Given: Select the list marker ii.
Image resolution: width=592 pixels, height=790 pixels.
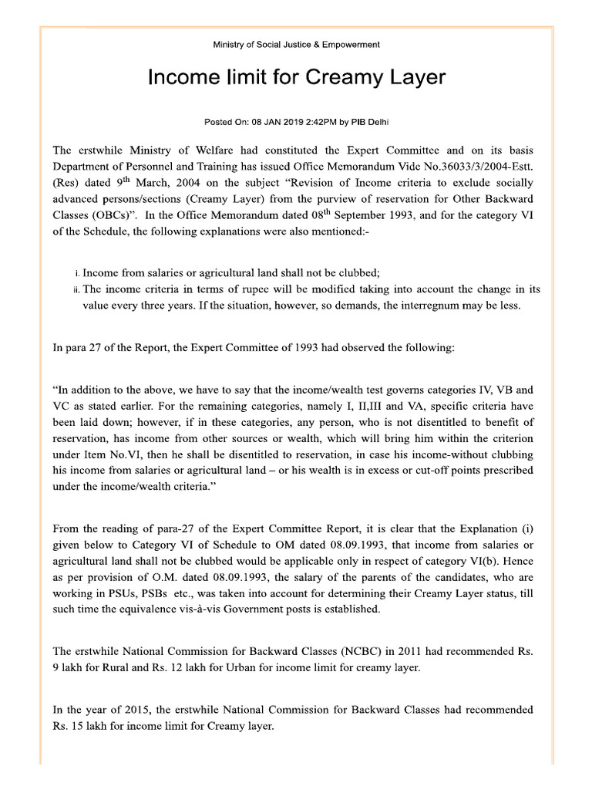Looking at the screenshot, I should coord(75,290).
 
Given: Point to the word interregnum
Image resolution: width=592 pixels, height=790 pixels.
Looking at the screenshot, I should coord(418,305).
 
